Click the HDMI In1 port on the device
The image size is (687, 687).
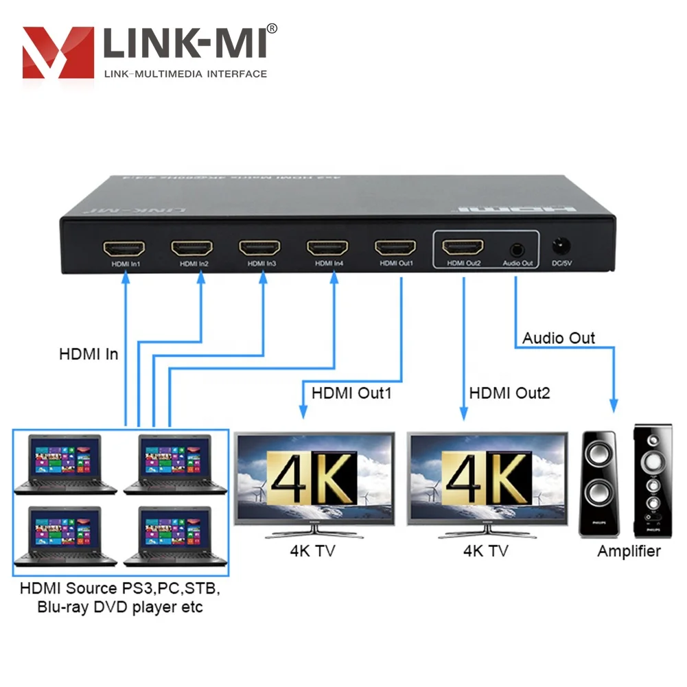coord(124,247)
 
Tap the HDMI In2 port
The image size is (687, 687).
coord(191,247)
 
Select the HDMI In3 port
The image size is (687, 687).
coord(259,247)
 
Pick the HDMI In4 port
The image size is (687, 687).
coord(327,247)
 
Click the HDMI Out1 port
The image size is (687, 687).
coord(395,247)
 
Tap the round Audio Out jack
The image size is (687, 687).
coord(516,248)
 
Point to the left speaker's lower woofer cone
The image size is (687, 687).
coord(598,491)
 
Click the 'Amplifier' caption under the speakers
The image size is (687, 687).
coord(629,551)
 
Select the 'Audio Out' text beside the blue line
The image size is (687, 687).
coord(559,338)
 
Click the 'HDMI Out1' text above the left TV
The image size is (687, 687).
coord(351,394)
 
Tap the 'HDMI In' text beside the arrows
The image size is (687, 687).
coord(89,354)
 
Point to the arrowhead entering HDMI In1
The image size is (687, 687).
coord(126,276)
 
